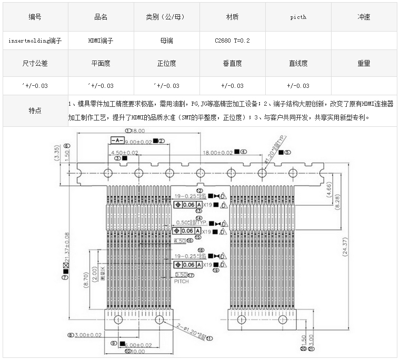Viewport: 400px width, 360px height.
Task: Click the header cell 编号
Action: [x=35, y=17]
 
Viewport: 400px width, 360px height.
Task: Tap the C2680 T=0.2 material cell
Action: [x=232, y=40]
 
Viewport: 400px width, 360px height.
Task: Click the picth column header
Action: [x=298, y=17]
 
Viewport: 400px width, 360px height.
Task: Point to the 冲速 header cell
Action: [x=364, y=17]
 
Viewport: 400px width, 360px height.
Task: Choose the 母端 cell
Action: [x=166, y=40]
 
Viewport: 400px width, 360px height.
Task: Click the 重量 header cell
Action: [x=364, y=63]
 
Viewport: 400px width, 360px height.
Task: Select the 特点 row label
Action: [x=35, y=111]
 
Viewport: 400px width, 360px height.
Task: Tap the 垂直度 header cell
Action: [x=232, y=63]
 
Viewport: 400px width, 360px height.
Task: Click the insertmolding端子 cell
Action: [x=35, y=40]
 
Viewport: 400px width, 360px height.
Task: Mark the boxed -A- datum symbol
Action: [x=117, y=141]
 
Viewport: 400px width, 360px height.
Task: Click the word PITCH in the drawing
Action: [x=181, y=282]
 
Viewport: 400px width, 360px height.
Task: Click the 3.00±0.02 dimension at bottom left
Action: [x=88, y=335]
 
